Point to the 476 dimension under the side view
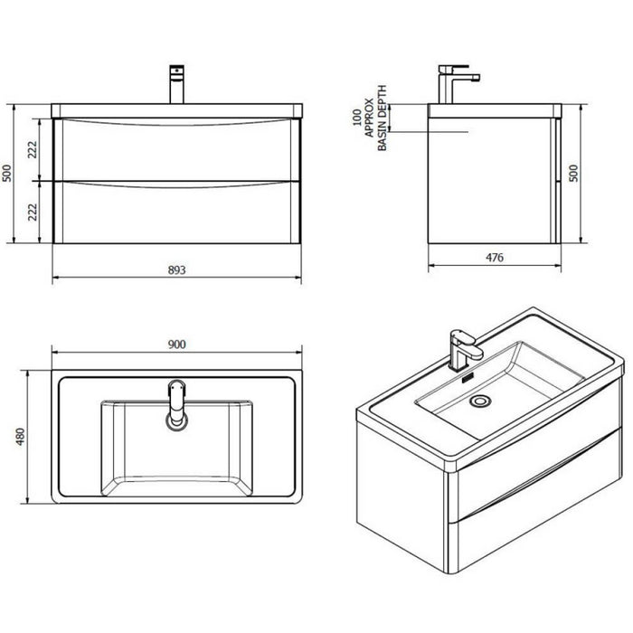tap(494, 257)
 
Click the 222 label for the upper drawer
tap(33, 150)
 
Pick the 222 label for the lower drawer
tap(33, 212)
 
